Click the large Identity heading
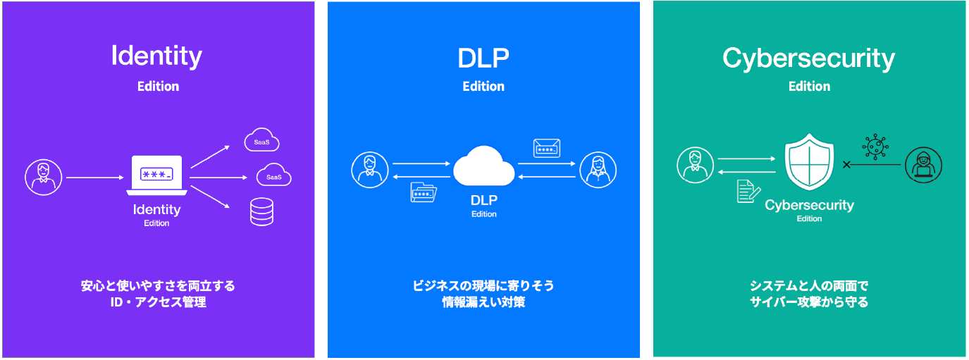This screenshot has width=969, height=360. coord(156,56)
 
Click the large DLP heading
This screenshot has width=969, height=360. coord(483,58)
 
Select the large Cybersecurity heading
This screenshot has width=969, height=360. coord(808,58)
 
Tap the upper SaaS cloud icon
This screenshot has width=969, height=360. coord(261,139)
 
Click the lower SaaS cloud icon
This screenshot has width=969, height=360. coord(274,175)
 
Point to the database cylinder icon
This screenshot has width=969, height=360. coord(261,211)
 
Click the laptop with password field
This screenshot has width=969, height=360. coord(156,175)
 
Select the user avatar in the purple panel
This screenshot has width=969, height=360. coord(43,177)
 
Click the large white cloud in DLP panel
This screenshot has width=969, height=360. coord(483,166)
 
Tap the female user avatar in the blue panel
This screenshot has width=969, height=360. coord(598,170)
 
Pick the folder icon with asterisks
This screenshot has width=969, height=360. coord(423,192)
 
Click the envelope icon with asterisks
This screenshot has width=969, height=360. coord(547,149)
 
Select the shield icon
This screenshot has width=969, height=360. coord(809,162)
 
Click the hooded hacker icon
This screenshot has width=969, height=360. coord(924,165)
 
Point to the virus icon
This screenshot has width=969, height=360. coord(875,147)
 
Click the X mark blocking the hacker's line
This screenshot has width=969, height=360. coord(846,164)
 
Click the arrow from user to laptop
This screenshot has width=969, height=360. coord(95,178)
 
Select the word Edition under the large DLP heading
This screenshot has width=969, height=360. coord(483,87)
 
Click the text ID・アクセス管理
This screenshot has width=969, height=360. coord(158,302)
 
